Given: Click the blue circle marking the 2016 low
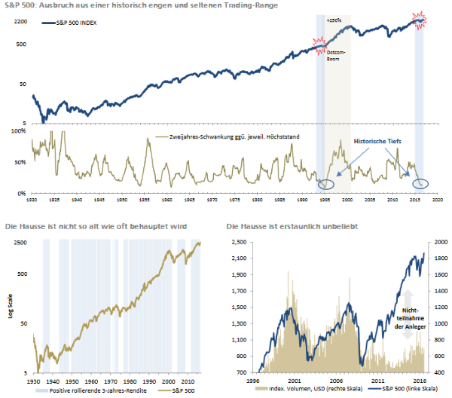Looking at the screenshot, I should pyautogui.click(x=420, y=183).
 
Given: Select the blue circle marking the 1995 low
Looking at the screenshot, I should pyautogui.click(x=326, y=184).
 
